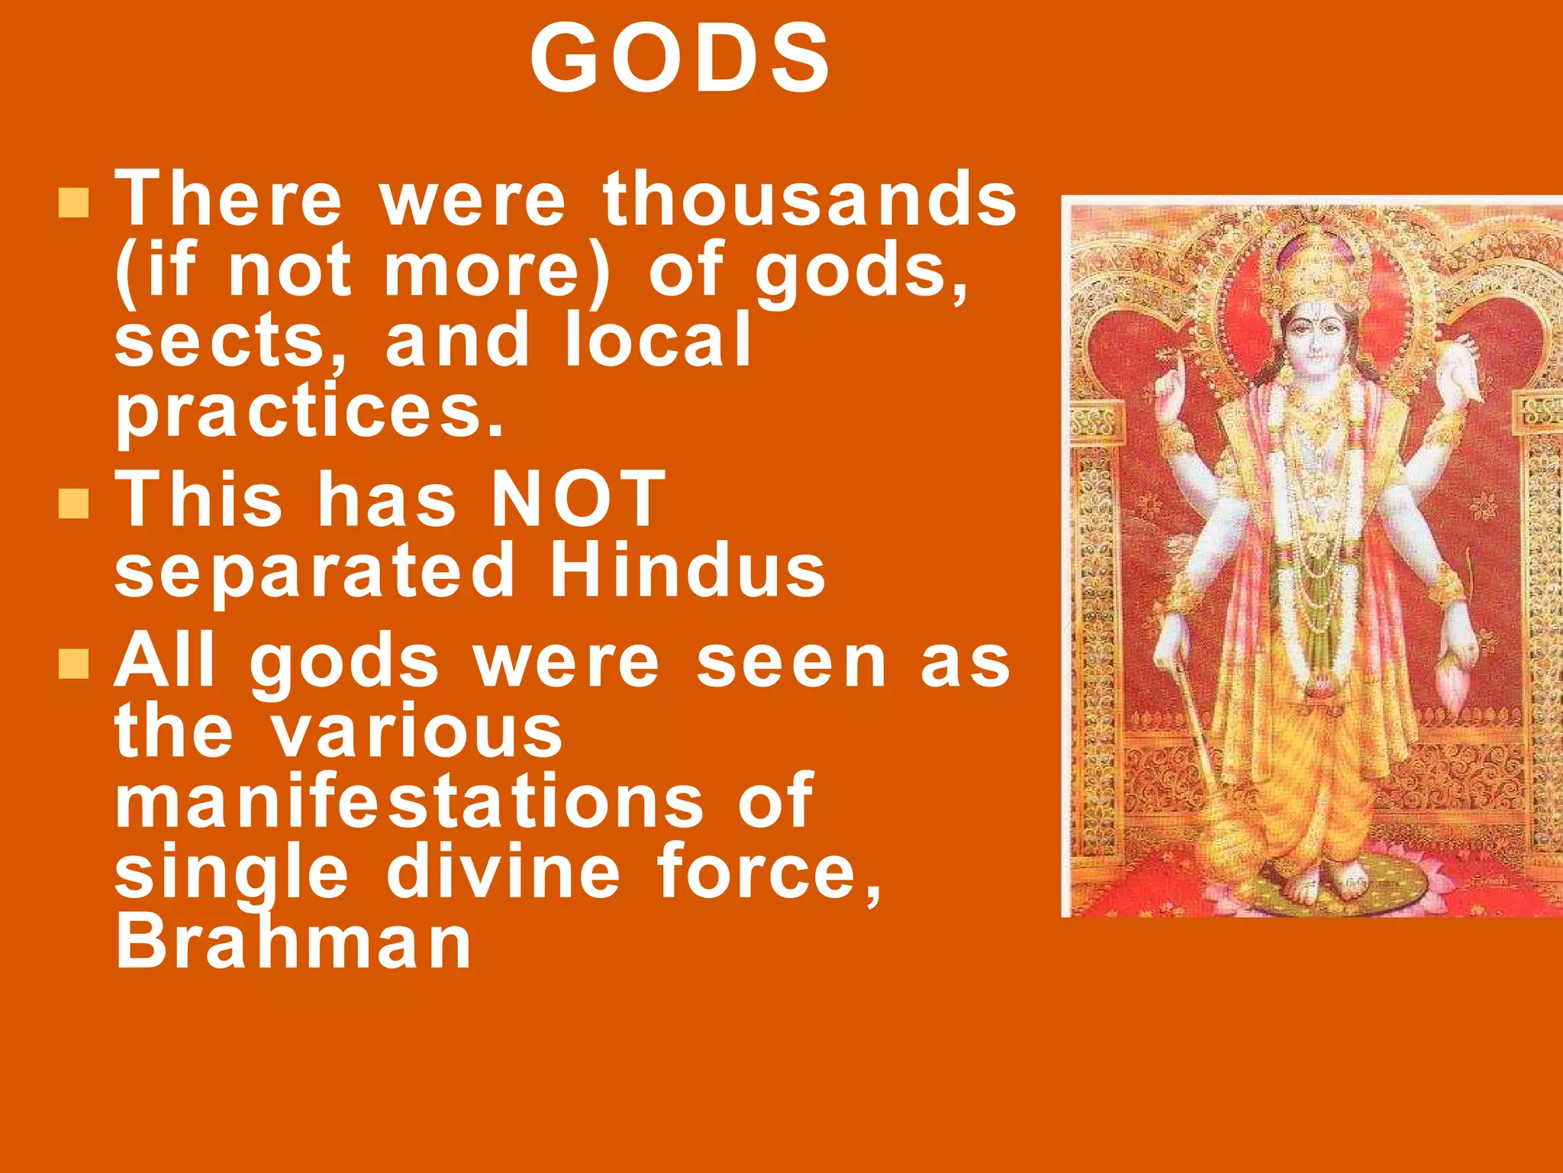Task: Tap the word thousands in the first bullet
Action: [x=810, y=199]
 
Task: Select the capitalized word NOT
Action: [x=578, y=499]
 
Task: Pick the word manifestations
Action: [x=410, y=801]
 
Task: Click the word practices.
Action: [x=309, y=412]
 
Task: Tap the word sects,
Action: [x=231, y=341]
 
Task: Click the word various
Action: [x=418, y=731]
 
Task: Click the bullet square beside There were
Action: [x=74, y=202]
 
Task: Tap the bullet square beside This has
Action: [x=74, y=503]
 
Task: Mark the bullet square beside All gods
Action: [x=74, y=664]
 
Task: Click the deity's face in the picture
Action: [x=1315, y=337]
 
